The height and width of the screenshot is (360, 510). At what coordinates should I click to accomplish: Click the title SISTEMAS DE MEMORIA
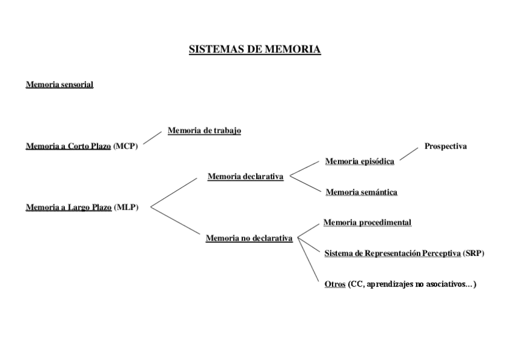pos(254,49)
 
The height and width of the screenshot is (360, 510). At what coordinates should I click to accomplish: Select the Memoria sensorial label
pos(59,85)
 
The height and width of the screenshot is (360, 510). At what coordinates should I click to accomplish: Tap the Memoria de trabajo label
pos(204,130)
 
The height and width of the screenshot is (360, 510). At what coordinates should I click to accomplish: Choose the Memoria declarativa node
pos(245,177)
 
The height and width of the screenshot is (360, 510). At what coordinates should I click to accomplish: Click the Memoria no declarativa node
pos(249,238)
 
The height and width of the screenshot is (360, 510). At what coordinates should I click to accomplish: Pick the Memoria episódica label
pos(360,161)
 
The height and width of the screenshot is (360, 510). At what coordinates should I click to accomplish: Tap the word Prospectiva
pos(445,146)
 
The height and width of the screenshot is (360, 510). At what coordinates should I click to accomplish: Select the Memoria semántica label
pos(361,192)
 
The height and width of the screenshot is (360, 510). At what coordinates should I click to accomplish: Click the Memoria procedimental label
pos(367,222)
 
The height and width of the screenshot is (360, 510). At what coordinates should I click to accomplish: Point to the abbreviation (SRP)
pos(473,254)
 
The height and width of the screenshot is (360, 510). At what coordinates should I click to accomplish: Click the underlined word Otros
pos(335,284)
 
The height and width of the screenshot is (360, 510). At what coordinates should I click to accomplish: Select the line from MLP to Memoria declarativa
pos(173,192)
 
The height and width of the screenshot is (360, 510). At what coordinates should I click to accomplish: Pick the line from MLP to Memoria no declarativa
pos(174,221)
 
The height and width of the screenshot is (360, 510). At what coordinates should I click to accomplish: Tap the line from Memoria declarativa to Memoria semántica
pos(306,184)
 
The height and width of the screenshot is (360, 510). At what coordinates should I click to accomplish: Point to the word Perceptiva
pos(440,254)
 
